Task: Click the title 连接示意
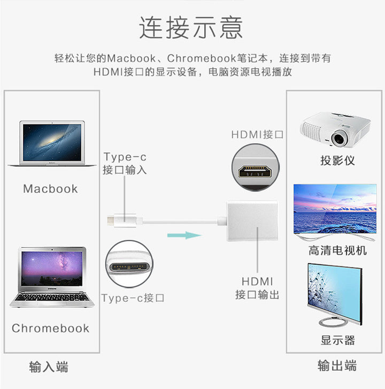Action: pyautogui.click(x=191, y=27)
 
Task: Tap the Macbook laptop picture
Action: pyautogui.click(x=51, y=143)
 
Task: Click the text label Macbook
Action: pyautogui.click(x=50, y=189)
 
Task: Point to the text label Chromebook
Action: pyautogui.click(x=50, y=328)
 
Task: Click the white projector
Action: pyautogui.click(x=335, y=129)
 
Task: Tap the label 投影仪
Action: pyautogui.click(x=337, y=161)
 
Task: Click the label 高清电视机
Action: pyautogui.click(x=337, y=250)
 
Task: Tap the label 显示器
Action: pyautogui.click(x=337, y=340)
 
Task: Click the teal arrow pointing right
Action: pyautogui.click(x=184, y=234)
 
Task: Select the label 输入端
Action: pyautogui.click(x=49, y=367)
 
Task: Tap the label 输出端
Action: pyautogui.click(x=337, y=366)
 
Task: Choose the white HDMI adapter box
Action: pyautogui.click(x=252, y=220)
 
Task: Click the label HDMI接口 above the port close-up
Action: pyautogui.click(x=257, y=134)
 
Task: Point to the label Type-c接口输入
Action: pyautogui.click(x=125, y=164)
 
